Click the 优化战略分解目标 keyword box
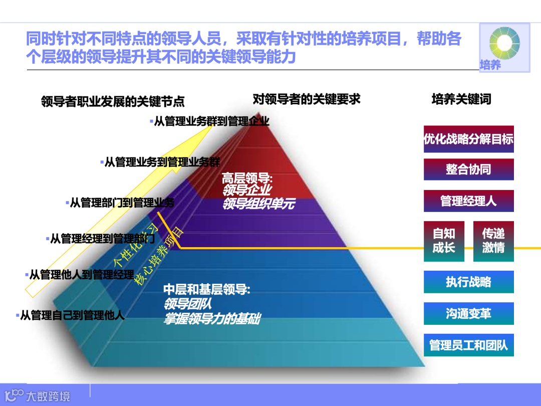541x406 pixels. pos(468,139)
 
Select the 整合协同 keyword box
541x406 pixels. pos(468,169)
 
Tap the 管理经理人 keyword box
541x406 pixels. pos(468,201)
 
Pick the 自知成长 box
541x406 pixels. pos(443,241)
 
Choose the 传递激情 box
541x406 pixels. pos(493,241)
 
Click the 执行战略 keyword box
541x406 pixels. pos(468,282)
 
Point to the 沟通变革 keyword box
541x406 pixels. pos(468,314)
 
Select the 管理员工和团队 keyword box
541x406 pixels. pos(468,345)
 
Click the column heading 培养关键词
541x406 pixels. pos(461,99)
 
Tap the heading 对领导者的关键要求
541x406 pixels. pos(307,99)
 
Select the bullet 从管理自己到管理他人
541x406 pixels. pos(72,315)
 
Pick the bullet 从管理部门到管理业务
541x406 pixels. pos(122,203)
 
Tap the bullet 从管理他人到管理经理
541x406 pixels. pos(82,275)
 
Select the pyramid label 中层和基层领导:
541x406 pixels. pos(206,289)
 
